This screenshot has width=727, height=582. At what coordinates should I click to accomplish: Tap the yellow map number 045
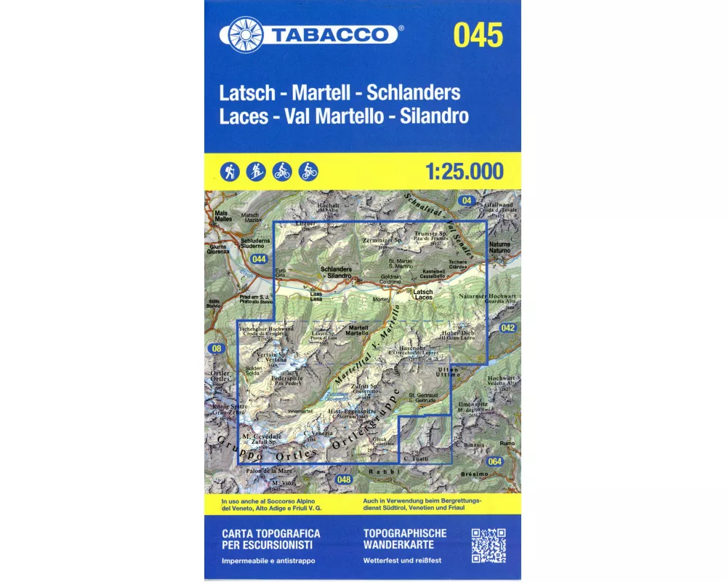(x=478, y=35)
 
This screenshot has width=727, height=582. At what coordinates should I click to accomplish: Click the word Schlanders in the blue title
(x=414, y=93)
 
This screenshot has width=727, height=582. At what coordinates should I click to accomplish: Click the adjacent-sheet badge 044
(x=258, y=259)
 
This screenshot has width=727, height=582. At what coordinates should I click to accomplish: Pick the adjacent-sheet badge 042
(x=507, y=329)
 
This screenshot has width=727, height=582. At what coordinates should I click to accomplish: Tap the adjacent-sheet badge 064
(x=495, y=461)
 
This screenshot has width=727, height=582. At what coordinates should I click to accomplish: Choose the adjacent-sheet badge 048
(x=345, y=479)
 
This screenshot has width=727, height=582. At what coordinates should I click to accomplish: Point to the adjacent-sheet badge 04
(x=466, y=200)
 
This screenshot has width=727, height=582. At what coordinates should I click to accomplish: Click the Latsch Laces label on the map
(x=423, y=295)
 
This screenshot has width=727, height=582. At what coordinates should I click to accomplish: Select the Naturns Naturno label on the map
(x=499, y=247)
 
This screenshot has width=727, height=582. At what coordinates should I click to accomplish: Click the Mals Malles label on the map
(x=222, y=215)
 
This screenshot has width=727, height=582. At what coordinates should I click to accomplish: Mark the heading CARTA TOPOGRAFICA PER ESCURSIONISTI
(x=270, y=538)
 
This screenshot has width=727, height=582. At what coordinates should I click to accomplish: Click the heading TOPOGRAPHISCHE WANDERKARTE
(x=405, y=538)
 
